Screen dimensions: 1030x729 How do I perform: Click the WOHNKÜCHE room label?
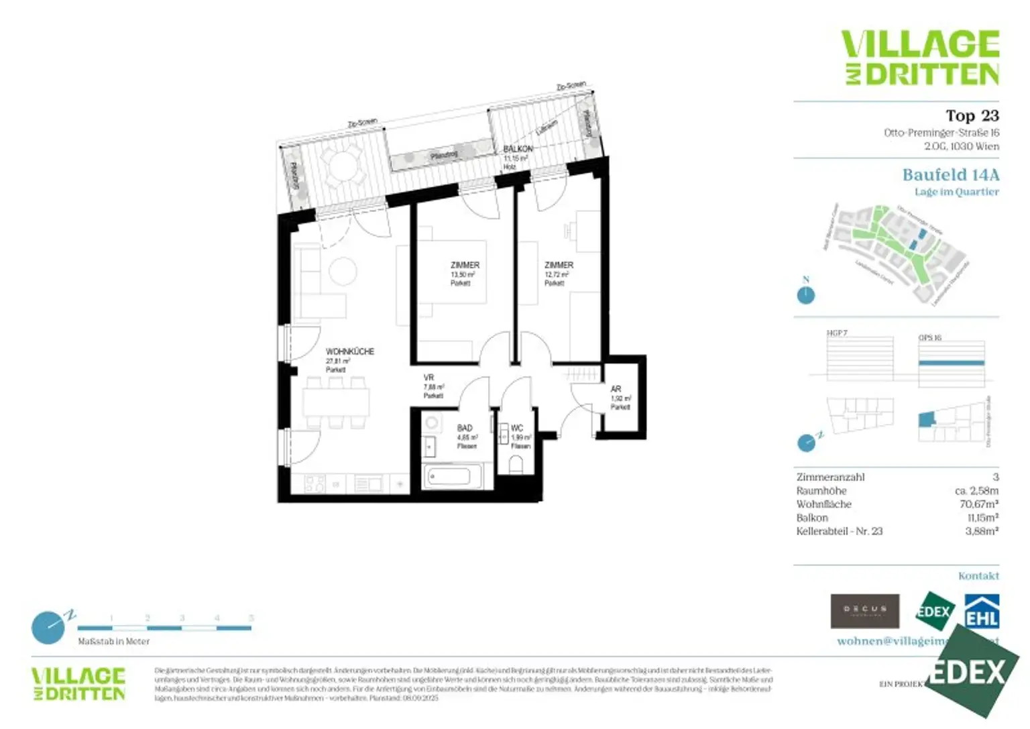[349, 351]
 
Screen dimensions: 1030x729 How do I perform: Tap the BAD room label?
[465, 428]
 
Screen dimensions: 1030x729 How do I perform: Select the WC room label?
[517, 428]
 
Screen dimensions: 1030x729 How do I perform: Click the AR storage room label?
[616, 389]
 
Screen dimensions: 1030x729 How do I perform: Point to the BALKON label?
[518, 149]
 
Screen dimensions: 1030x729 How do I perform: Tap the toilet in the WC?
[516, 464]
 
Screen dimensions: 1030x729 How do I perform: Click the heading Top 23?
[972, 115]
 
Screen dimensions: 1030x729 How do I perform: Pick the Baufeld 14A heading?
[950, 175]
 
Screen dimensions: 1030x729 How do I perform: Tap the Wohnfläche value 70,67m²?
[978, 504]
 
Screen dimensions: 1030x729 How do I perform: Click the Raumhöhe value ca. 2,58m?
[976, 491]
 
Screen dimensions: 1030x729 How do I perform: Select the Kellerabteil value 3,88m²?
[981, 531]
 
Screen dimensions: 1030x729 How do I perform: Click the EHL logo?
[982, 612]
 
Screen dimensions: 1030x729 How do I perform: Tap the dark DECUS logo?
[864, 610]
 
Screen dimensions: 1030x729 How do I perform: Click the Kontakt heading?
[978, 576]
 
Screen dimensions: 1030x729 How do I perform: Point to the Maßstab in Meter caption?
[113, 642]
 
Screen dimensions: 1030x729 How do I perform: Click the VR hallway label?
[428, 378]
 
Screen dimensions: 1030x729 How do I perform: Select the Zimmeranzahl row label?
[830, 478]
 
